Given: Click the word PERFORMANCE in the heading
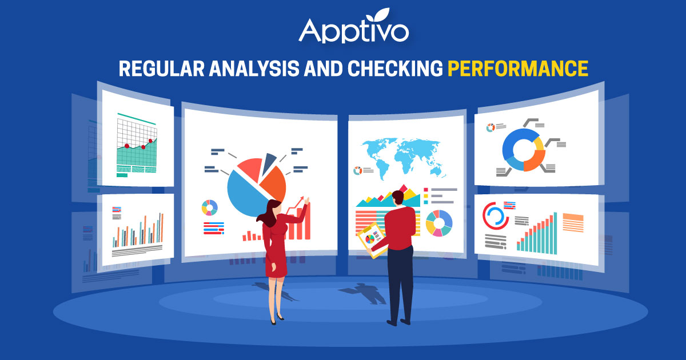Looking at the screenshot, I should click(x=517, y=68).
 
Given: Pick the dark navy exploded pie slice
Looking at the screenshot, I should click(x=269, y=163).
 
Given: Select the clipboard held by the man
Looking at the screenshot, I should click(x=371, y=239).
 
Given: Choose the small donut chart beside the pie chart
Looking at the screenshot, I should click(x=210, y=207).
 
